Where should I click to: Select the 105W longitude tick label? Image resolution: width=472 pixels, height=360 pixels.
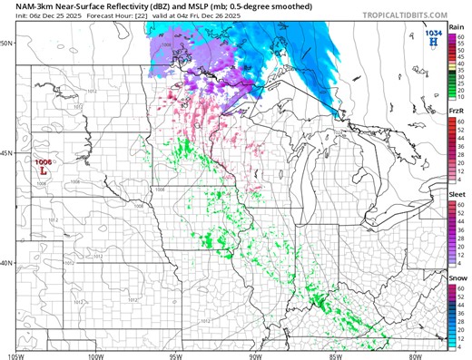pyautogui.click(x=15, y=355)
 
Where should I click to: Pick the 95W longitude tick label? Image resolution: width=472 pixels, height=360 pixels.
pyautogui.click(x=179, y=355)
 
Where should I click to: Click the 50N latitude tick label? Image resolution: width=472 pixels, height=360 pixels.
pyautogui.click(x=6, y=44)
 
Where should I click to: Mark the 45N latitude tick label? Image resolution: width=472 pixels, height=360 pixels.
pyautogui.click(x=6, y=153)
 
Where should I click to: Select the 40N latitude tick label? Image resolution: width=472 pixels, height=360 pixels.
pyautogui.click(x=6, y=263)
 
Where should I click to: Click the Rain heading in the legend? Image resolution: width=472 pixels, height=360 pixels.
pyautogui.click(x=458, y=28)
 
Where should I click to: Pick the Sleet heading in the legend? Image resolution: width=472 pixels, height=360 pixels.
pyautogui.click(x=458, y=194)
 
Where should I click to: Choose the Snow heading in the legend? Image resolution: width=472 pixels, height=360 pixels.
pyautogui.click(x=458, y=277)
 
